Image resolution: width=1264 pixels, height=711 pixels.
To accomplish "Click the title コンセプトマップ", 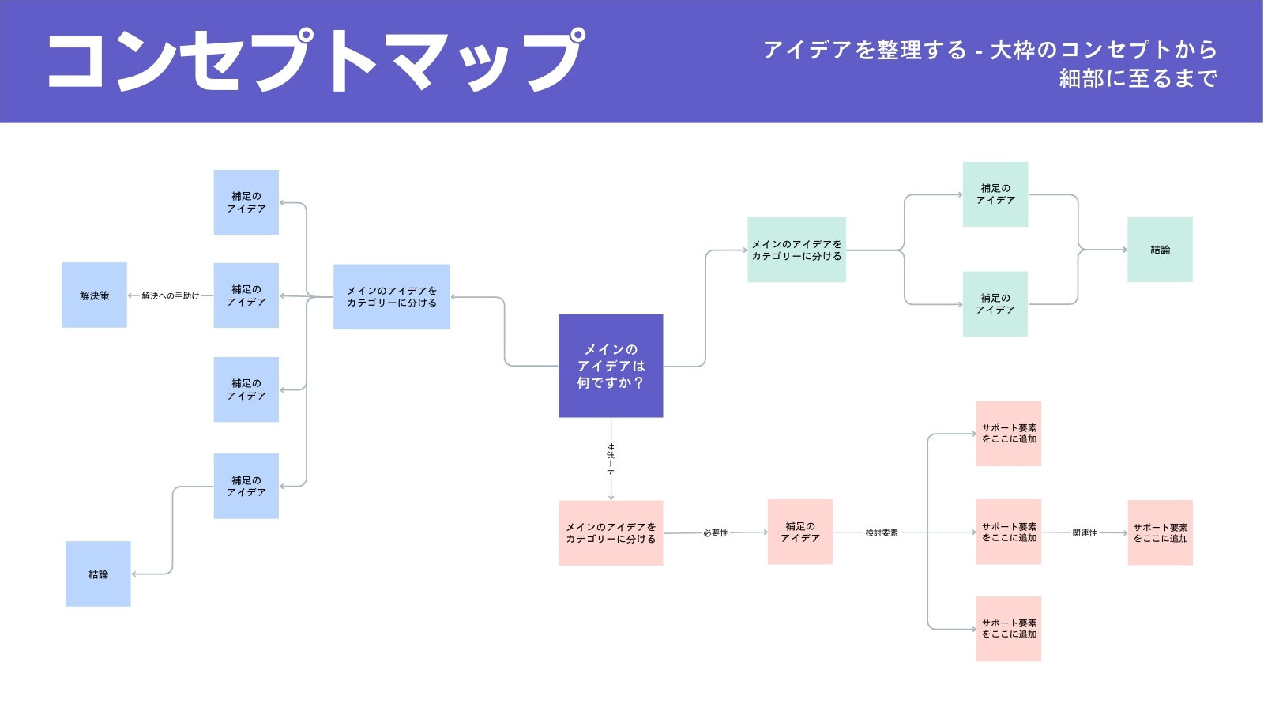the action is point(316,60).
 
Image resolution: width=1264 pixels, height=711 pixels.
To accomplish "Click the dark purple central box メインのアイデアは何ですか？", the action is point(611,366).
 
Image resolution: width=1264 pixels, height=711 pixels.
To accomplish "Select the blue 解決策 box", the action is point(94,295).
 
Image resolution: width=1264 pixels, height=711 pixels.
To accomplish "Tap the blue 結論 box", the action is point(98,574).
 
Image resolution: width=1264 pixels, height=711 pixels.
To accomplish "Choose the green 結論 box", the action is point(1161,250).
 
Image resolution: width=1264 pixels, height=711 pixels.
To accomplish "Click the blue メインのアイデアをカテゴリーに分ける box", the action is point(392,297).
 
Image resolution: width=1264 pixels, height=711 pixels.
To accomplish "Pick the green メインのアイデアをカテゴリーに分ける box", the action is point(797,250).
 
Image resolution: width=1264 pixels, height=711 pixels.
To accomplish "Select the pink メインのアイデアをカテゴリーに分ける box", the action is point(611,532).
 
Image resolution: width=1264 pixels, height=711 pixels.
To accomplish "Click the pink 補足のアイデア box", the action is point(800,532).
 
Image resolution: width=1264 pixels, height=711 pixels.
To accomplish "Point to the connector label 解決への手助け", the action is point(171,295).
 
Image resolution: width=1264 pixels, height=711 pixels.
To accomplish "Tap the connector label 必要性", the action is point(716,532).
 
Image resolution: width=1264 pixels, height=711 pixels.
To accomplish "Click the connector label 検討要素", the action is point(882,532).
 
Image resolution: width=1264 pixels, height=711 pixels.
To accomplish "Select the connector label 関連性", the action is point(1085,532).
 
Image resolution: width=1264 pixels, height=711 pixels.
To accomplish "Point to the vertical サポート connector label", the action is point(611,459).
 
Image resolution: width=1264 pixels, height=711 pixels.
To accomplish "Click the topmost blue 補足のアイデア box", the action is point(246,202).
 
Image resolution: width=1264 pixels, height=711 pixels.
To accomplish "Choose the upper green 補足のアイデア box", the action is point(995,194).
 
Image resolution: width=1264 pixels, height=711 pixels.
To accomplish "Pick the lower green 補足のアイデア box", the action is point(995,303).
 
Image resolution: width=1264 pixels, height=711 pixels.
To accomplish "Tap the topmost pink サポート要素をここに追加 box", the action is point(1009,434).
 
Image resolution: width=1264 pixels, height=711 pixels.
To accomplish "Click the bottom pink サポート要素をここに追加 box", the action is point(1009,629).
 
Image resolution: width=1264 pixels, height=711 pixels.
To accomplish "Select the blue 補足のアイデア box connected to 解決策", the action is point(246,295).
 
